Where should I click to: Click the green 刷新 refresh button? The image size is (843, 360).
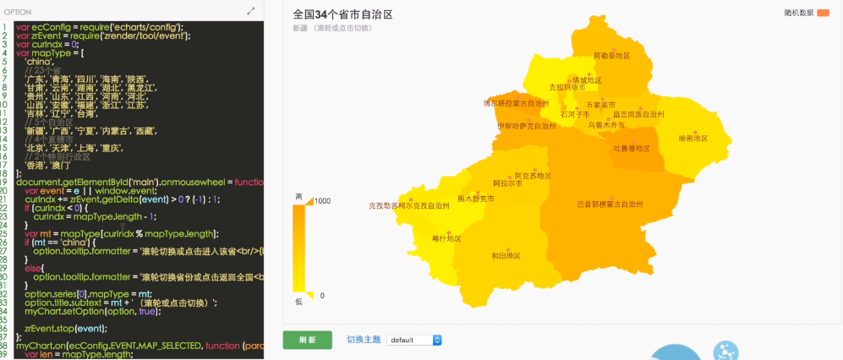[307, 340]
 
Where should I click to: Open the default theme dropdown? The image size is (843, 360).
[414, 340]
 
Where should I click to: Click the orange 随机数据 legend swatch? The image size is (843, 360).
[824, 13]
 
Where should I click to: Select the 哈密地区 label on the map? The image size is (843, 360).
[692, 138]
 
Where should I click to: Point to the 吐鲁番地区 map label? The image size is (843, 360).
[632, 148]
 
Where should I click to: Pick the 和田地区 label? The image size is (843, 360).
[506, 255]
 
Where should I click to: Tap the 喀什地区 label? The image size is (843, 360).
[446, 238]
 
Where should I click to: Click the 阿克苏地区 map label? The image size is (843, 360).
[533, 176]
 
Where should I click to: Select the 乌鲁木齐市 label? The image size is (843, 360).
[606, 124]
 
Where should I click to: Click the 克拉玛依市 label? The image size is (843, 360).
[567, 86]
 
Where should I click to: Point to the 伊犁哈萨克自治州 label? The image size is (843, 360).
[527, 126]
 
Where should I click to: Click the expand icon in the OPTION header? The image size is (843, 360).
[251, 11]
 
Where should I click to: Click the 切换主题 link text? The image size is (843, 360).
[363, 340]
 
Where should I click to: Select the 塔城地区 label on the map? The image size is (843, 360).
[587, 80]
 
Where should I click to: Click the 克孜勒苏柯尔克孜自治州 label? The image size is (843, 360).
[409, 205]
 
